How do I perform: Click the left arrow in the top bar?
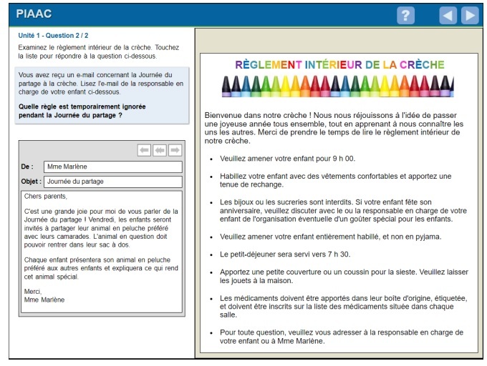coord(448,15)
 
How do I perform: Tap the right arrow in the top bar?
coord(470,15)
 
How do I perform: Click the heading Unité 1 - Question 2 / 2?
coord(54,35)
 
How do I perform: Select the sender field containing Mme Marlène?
coord(112,167)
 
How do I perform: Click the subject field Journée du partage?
coord(112,182)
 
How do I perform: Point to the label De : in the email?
coord(27,167)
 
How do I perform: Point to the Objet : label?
coord(31,182)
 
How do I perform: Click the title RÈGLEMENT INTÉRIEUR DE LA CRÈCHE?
coord(339,64)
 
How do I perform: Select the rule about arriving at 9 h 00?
coord(287,158)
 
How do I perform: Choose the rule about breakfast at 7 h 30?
coord(295,254)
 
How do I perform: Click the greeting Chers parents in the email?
coord(45,197)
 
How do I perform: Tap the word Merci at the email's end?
coord(33,291)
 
